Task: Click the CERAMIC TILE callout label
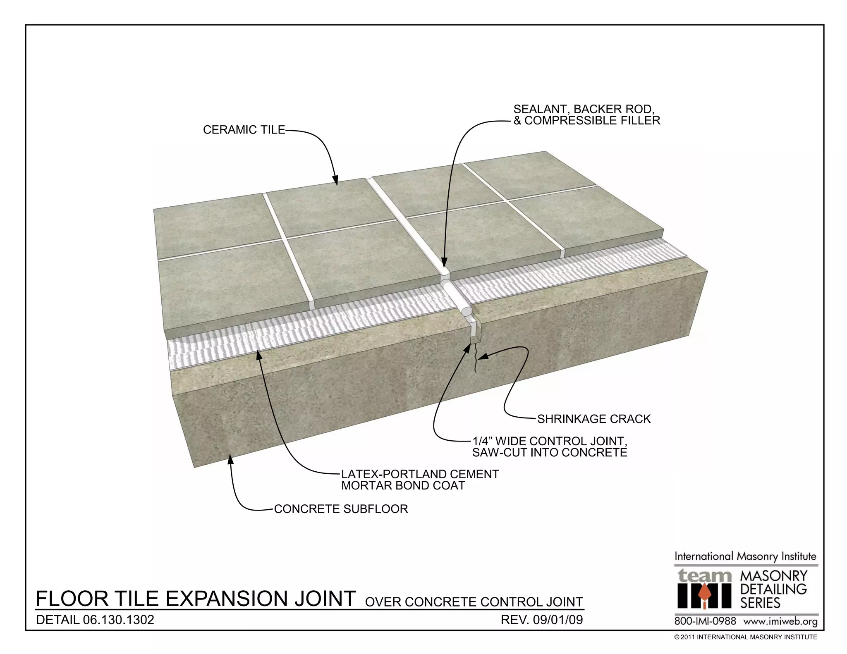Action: pos(244,130)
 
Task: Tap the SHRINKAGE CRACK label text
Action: pos(593,419)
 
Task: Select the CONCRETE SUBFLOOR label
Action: pos(341,509)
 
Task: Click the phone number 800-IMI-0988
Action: pos(705,621)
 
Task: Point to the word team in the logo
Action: pos(703,575)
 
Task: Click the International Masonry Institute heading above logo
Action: pos(745,556)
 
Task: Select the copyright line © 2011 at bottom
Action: pos(745,637)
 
